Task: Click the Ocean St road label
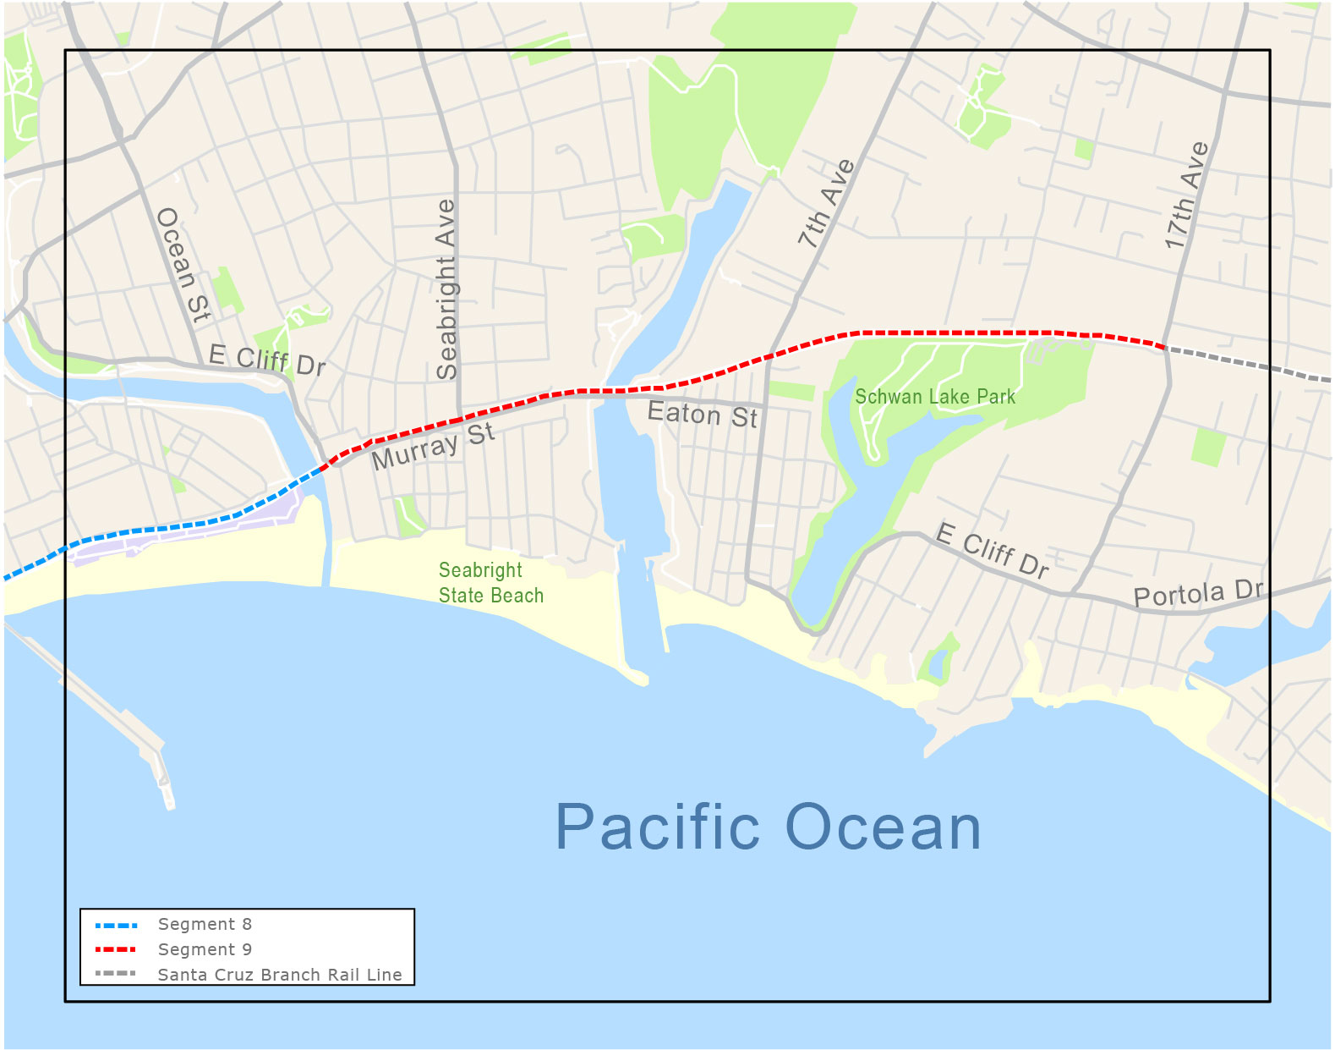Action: (x=183, y=265)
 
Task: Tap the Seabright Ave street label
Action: (x=446, y=289)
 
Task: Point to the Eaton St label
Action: (x=702, y=414)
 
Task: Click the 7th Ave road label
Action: (x=826, y=204)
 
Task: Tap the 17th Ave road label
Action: (x=1186, y=196)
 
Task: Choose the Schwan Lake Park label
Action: (x=934, y=397)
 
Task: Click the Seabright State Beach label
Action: (x=490, y=583)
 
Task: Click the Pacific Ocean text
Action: (x=768, y=827)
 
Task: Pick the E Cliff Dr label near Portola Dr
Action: (x=993, y=551)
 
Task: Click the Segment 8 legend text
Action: (x=205, y=924)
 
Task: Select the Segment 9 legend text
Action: (x=205, y=949)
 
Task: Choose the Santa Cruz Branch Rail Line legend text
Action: (x=280, y=975)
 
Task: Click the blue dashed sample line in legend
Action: (x=116, y=925)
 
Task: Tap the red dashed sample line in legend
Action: (x=116, y=949)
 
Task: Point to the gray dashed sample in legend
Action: (x=116, y=974)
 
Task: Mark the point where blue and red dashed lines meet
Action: (x=325, y=466)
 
